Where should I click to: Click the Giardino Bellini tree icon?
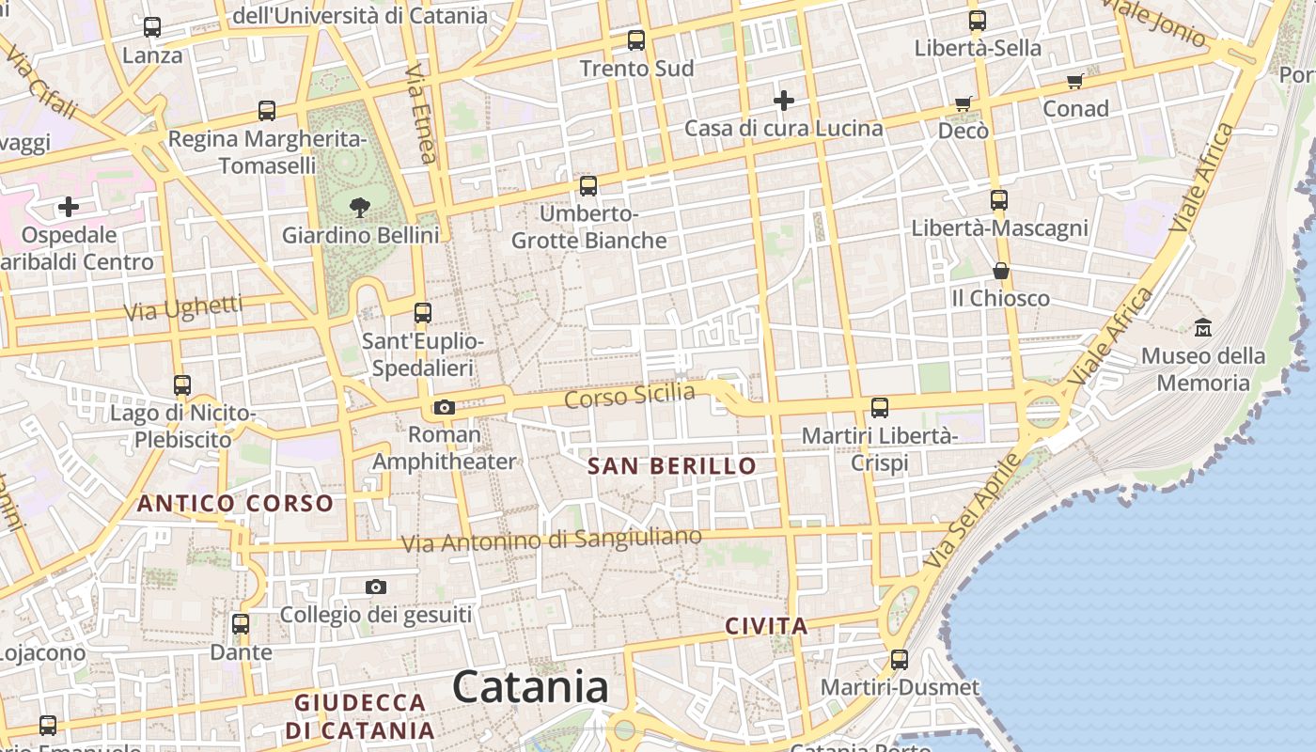pos(358,207)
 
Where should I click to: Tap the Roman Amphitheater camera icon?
pos(445,407)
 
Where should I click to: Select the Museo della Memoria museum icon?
pos(1203,328)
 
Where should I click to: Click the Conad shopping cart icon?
pos(1074,81)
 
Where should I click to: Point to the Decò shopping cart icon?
pos(963,103)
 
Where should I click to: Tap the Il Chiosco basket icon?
pos(1001,271)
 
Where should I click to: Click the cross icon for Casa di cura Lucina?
pos(783,100)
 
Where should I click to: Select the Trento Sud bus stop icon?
pos(636,40)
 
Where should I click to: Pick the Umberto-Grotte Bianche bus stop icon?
pos(588,186)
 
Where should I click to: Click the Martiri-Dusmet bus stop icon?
pos(900,660)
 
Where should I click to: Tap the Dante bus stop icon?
pos(241,624)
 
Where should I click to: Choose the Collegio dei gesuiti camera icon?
pos(376,587)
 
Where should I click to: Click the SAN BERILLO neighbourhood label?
pos(671,466)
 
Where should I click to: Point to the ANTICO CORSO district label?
pos(235,504)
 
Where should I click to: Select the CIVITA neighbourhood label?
pos(766,626)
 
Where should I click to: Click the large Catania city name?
pos(530,687)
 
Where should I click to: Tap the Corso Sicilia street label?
pos(629,396)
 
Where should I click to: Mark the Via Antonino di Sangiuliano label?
pos(551,540)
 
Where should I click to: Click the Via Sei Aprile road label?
pos(972,510)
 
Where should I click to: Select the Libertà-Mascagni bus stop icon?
pos(998,200)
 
